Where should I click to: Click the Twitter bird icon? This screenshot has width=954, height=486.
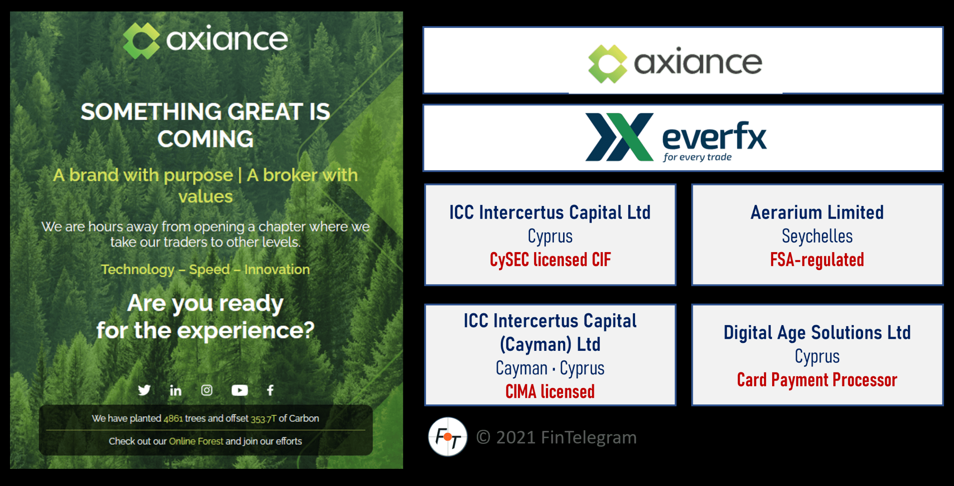pos(144,390)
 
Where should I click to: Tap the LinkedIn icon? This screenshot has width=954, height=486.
pos(176,390)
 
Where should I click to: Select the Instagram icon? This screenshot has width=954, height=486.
pos(207,390)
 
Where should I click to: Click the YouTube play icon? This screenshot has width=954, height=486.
pos(240,390)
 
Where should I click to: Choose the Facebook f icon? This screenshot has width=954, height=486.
pos(271,390)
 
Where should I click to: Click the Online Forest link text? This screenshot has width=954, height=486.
pos(196,441)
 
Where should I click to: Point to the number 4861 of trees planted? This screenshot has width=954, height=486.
pos(173,419)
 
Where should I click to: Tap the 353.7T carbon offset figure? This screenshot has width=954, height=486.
pos(263,419)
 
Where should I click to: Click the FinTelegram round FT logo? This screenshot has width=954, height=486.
pos(448,437)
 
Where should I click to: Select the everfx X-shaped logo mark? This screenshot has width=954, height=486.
pos(619,137)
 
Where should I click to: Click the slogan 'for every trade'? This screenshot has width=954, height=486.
pos(697,157)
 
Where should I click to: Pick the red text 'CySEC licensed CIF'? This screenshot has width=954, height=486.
pos(550,260)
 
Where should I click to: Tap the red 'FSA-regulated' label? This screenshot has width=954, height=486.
pos(817,260)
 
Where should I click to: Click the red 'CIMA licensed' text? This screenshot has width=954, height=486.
pos(550,392)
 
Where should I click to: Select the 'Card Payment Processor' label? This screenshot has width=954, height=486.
pos(817,380)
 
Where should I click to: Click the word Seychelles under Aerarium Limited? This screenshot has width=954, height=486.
pos(817,236)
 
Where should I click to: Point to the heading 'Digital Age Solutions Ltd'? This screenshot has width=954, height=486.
pos(817,333)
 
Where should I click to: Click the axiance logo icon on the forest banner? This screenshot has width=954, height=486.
pos(141,41)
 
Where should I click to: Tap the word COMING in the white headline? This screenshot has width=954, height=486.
pos(205,139)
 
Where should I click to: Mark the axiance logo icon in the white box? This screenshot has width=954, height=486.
pos(608,64)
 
